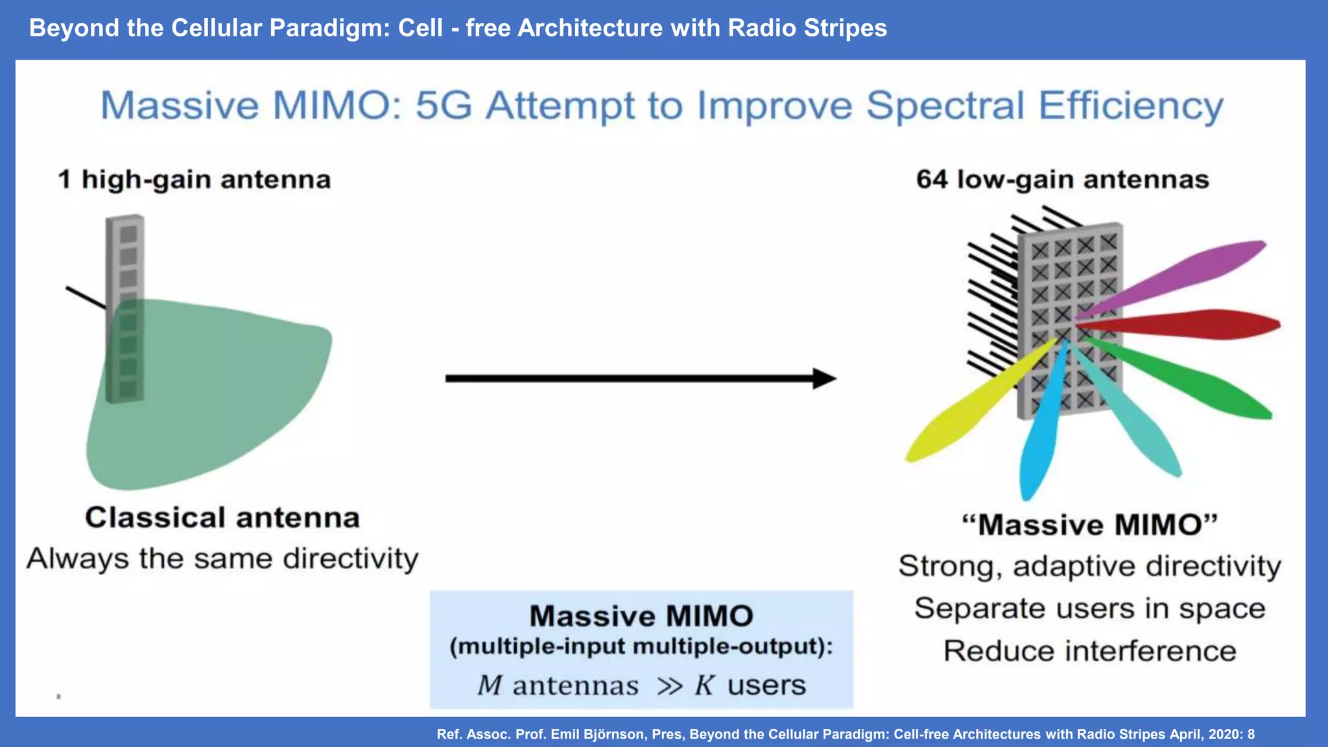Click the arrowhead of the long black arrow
824,379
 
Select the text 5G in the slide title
444,106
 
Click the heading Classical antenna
222,518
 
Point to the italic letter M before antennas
490,685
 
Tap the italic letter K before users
705,685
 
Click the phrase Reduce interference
1089,651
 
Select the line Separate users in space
1089,609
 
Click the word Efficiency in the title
1131,106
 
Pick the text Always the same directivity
222,559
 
